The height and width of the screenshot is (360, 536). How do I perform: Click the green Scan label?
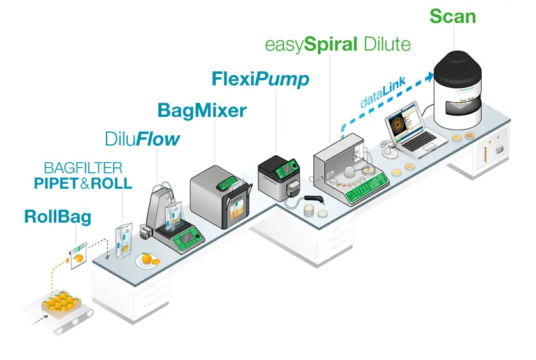click(x=452, y=16)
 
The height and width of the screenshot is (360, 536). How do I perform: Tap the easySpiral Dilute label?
click(x=338, y=45)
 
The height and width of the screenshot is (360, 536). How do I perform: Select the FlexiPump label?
click(x=260, y=79)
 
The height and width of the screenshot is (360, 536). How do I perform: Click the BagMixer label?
click(x=202, y=110)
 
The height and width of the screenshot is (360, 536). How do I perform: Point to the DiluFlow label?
click(x=143, y=139)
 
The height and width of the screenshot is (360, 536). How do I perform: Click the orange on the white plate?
click(x=147, y=259)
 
